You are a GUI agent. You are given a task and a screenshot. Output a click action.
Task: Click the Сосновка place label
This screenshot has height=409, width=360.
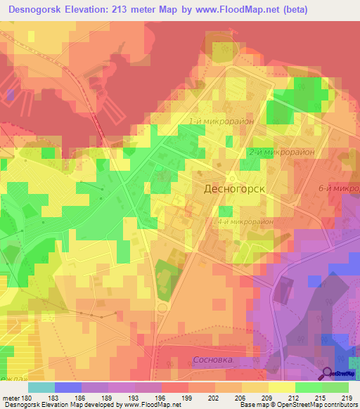(x=212, y=361)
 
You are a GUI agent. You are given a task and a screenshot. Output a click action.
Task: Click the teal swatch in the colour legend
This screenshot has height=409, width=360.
(x=41, y=387)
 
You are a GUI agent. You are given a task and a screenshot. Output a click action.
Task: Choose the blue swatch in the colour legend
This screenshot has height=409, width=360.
(x=68, y=387)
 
